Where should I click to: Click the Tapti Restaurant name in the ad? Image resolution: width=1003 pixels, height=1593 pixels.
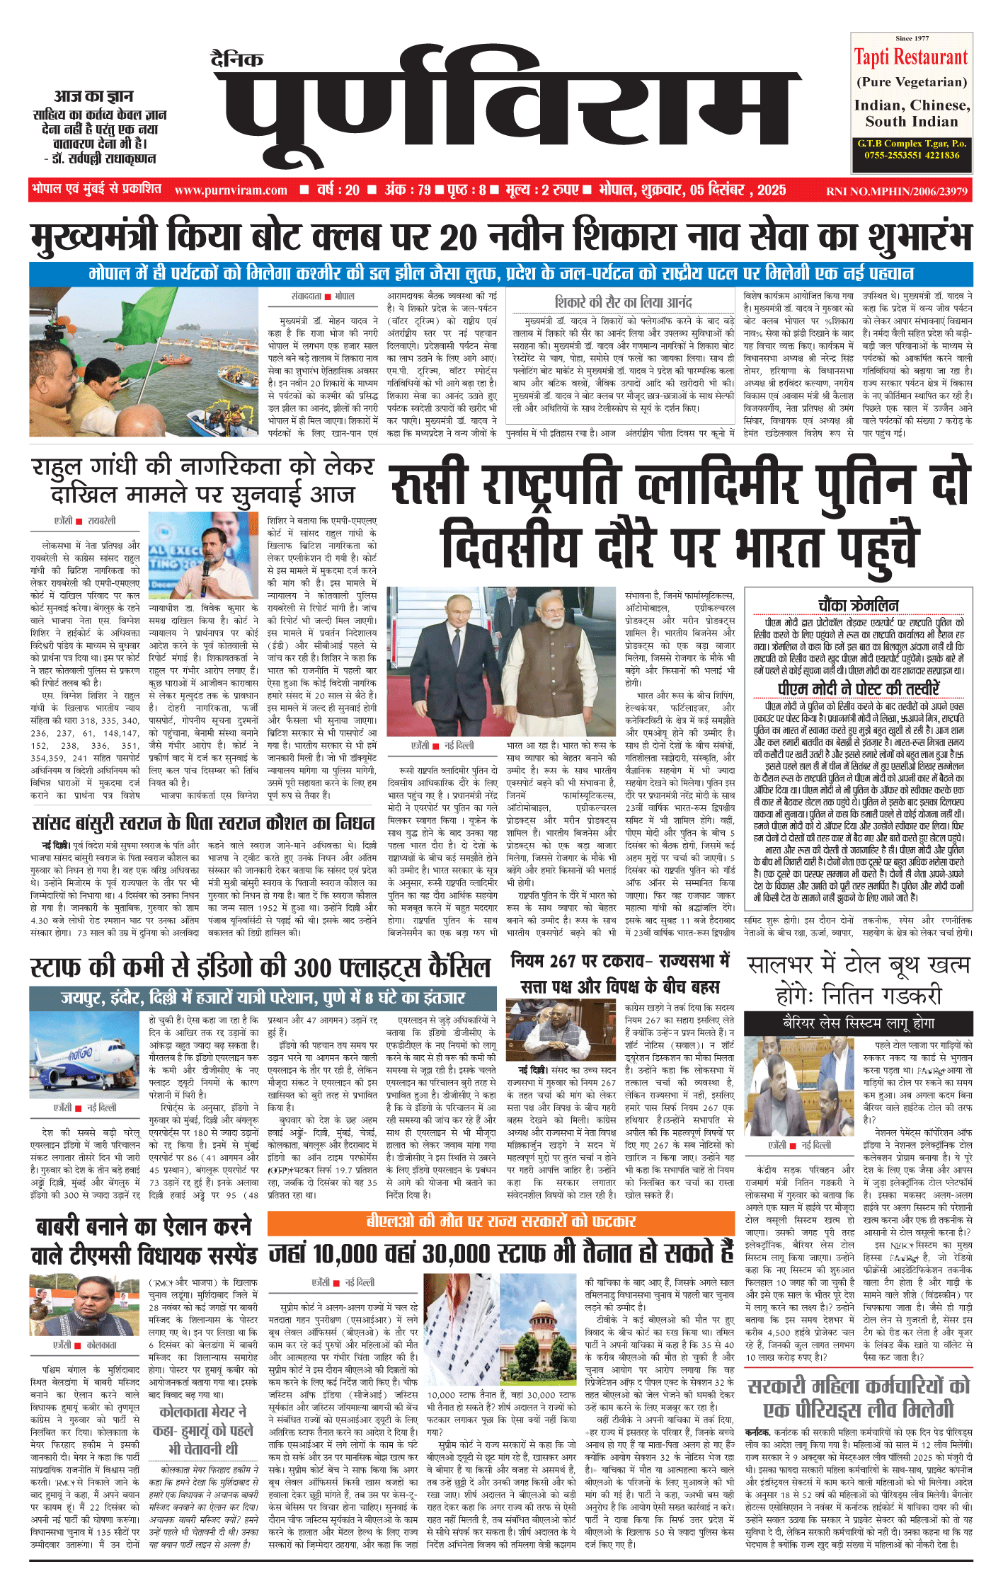point(910,57)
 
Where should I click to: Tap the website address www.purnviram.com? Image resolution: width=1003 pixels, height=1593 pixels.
point(231,190)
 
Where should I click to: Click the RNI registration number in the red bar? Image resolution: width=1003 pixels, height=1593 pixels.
point(896,190)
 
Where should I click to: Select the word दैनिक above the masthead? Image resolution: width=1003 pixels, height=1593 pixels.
point(237,59)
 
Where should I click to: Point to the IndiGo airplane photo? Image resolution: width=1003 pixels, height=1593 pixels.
point(86,1055)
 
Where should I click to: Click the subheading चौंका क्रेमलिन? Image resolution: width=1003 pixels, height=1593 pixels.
point(858,605)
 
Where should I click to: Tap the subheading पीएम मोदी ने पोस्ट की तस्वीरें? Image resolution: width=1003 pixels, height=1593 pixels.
point(858,689)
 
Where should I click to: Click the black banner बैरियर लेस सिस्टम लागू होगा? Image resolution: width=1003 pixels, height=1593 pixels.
point(858,1023)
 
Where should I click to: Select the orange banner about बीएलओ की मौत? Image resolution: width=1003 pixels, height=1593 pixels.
point(500,1221)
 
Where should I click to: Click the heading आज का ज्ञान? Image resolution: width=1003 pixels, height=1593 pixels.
point(93,96)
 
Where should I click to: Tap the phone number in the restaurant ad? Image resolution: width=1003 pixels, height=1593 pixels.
point(912,155)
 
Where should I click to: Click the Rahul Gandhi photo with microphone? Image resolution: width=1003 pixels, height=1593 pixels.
point(203,555)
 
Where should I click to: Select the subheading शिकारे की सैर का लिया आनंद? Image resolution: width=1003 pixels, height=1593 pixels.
point(623,302)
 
